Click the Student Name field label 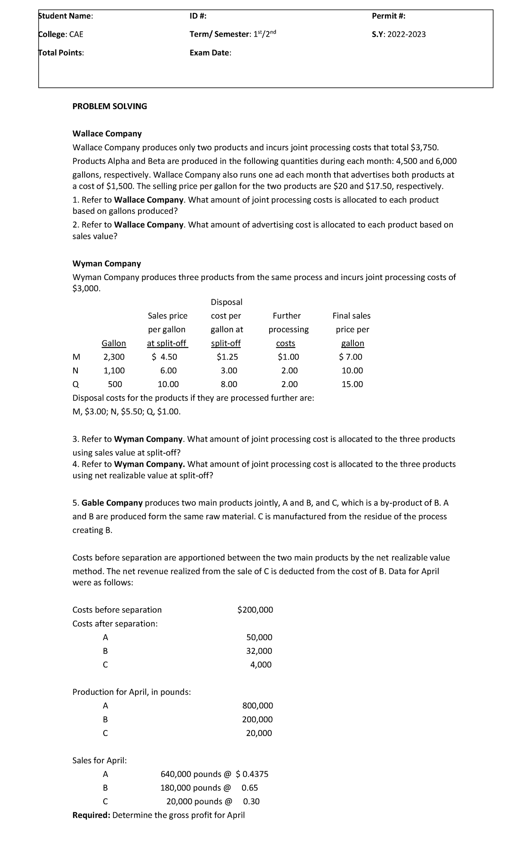click(x=65, y=16)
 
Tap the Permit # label click(x=388, y=16)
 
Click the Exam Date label click(x=210, y=53)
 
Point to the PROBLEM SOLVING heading click(x=110, y=106)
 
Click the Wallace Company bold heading click(x=107, y=134)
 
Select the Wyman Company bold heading click(x=107, y=264)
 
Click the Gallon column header click(x=114, y=343)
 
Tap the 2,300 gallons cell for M click(x=114, y=357)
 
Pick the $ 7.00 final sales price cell click(x=351, y=357)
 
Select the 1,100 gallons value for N click(x=114, y=371)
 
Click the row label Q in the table click(x=76, y=385)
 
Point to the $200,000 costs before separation click(x=255, y=610)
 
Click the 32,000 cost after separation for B click(x=259, y=651)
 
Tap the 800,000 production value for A click(x=258, y=706)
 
